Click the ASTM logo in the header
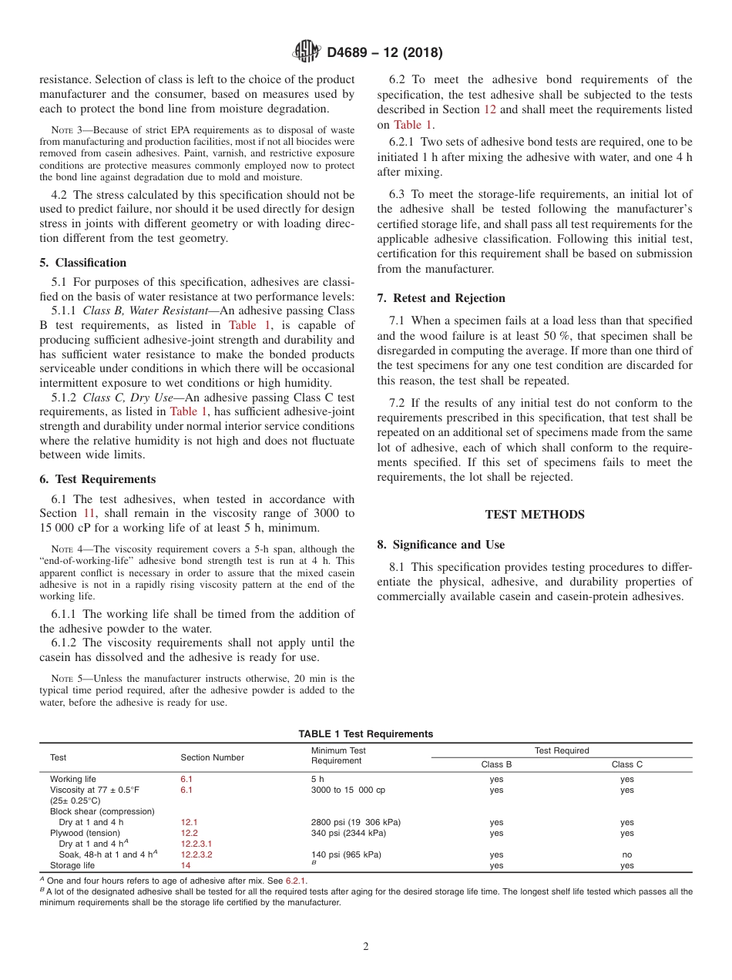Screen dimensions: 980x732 point(307,52)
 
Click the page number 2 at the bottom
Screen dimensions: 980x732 point(366,947)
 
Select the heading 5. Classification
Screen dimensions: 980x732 point(83,263)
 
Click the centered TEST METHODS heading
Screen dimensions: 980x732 point(534,515)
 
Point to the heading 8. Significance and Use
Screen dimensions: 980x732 point(441,545)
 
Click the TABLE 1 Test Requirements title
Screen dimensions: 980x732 point(365,734)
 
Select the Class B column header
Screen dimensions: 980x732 point(496,764)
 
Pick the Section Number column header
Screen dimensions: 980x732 point(212,757)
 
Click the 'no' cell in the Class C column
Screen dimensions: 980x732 point(626,854)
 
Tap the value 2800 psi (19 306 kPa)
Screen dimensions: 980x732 point(355,822)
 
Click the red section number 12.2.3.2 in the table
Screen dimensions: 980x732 point(196,854)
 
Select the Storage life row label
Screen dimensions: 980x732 point(72,865)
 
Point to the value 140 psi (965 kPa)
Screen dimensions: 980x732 point(346,854)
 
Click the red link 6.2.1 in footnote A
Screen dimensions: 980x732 point(295,881)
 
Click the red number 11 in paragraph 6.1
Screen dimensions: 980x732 point(89,514)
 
